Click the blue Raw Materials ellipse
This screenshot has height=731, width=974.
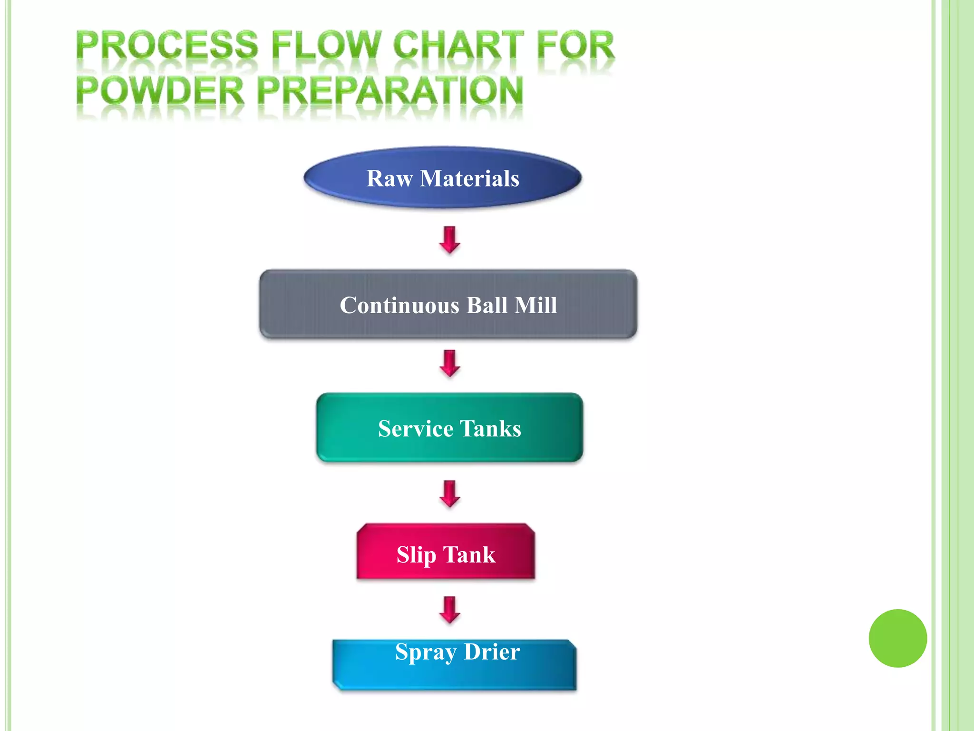point(442,178)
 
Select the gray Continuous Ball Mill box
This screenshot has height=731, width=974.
point(448,305)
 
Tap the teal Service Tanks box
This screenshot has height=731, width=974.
point(449,428)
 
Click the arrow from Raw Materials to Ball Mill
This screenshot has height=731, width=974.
point(449,239)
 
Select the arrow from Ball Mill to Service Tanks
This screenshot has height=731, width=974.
point(449,363)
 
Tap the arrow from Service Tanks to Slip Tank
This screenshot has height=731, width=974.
point(449,494)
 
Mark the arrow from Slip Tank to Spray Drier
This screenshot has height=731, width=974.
point(449,610)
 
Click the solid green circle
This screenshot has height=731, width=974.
point(897,638)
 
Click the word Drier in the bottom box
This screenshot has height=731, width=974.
point(491,652)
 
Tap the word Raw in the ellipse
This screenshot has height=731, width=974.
point(390,178)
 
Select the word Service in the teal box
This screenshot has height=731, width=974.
point(415,428)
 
